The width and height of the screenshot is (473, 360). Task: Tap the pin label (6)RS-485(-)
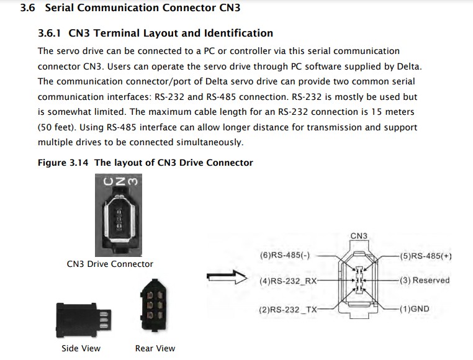click(285, 256)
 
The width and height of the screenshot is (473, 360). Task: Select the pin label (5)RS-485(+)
click(426, 256)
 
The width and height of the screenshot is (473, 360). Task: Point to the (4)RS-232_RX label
click(288, 281)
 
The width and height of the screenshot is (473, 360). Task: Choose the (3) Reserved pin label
click(425, 281)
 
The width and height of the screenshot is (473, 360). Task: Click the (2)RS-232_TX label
click(288, 308)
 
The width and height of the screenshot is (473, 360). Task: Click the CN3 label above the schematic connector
click(359, 236)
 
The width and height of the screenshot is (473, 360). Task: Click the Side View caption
click(81, 348)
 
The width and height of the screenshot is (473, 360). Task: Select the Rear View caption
click(155, 348)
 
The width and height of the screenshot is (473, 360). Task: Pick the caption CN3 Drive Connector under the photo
click(110, 264)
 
